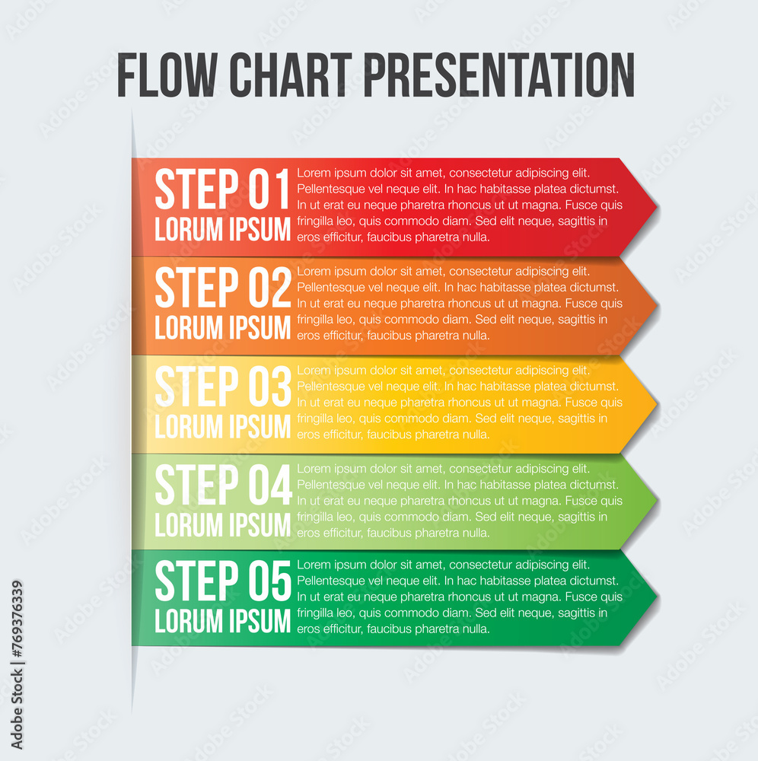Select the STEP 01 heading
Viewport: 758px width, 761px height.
tap(222, 189)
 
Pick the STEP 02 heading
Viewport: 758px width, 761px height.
tap(222, 288)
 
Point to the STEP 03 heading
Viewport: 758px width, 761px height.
tap(222, 387)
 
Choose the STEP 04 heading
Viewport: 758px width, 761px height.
tap(222, 486)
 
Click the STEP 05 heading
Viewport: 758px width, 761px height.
tap(222, 582)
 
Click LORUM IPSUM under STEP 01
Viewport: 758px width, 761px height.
tap(222, 230)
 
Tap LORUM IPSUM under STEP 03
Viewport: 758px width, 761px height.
tap(222, 427)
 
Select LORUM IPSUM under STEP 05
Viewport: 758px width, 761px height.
tap(222, 621)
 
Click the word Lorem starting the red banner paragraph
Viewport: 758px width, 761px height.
tap(313, 173)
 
